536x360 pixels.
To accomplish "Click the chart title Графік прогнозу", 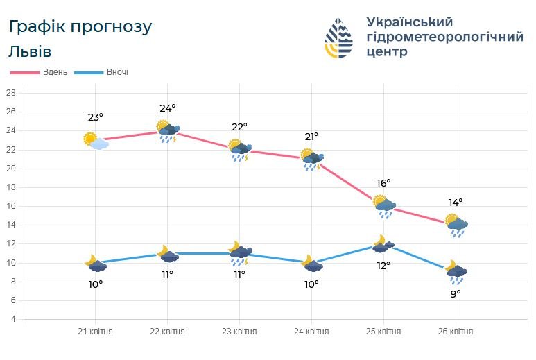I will [80, 28].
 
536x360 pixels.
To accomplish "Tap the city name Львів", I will [31, 52].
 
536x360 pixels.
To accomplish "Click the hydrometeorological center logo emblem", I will [339, 39].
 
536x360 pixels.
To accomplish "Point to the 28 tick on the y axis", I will [11, 93].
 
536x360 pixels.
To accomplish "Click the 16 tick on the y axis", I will [11, 206].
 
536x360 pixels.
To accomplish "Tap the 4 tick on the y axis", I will [11, 320].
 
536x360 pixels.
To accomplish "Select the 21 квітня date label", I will [95, 332].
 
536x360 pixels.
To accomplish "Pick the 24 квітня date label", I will [311, 332].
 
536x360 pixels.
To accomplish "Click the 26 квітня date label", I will [456, 332].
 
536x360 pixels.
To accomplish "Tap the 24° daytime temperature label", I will [168, 108].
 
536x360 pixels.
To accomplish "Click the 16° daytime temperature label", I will [383, 183].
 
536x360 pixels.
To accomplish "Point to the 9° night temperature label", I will [455, 293].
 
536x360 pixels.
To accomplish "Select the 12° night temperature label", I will [383, 265].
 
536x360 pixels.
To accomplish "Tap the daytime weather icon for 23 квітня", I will [240, 151].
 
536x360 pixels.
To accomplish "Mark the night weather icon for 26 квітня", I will [456, 273].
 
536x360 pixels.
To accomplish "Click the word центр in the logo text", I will [387, 52].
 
